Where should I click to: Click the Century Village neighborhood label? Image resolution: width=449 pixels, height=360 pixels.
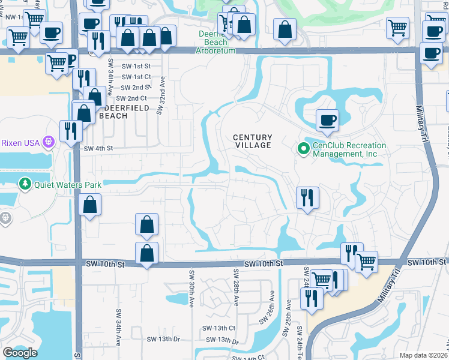click(253, 141)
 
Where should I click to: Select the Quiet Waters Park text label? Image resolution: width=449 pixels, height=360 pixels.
click(67, 185)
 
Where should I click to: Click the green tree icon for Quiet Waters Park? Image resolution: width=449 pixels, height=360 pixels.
click(25, 183)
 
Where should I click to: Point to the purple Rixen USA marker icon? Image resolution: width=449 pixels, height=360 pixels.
click(49, 142)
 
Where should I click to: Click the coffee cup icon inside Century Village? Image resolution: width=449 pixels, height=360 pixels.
click(328, 121)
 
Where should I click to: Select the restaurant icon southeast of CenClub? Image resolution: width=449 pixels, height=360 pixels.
click(307, 197)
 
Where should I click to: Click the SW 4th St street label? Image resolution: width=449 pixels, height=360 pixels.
click(98, 148)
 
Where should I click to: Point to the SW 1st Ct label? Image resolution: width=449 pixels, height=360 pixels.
click(136, 77)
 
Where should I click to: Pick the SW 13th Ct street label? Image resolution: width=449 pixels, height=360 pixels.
click(218, 328)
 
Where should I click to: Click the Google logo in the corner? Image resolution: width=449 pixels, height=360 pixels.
click(20, 353)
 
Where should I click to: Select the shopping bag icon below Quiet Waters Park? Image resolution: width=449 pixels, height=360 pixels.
click(89, 206)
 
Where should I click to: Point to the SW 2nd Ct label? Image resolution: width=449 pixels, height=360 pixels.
click(131, 98)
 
